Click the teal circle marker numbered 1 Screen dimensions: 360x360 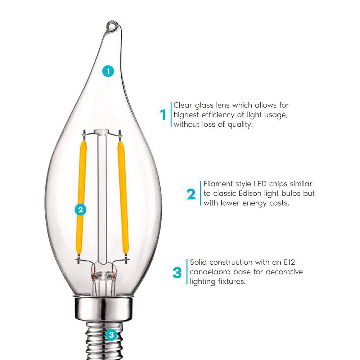108,71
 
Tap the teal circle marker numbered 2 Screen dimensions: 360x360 80,210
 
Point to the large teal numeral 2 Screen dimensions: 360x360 191,194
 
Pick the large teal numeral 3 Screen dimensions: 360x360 177,273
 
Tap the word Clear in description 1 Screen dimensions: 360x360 183,105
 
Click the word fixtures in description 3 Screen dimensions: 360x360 230,282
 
